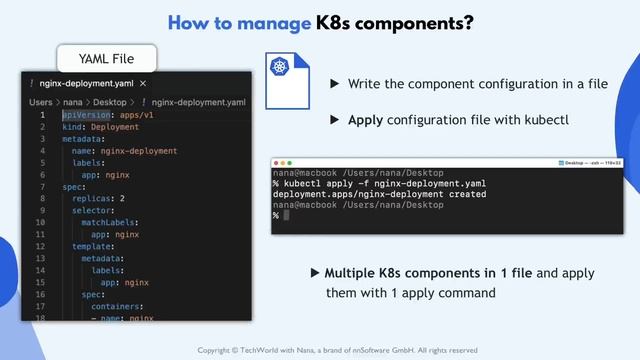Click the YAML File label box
[107, 57]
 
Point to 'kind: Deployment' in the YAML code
[101, 127]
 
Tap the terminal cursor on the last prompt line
[285, 216]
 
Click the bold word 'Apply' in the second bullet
[366, 121]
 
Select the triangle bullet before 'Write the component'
[335, 85]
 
